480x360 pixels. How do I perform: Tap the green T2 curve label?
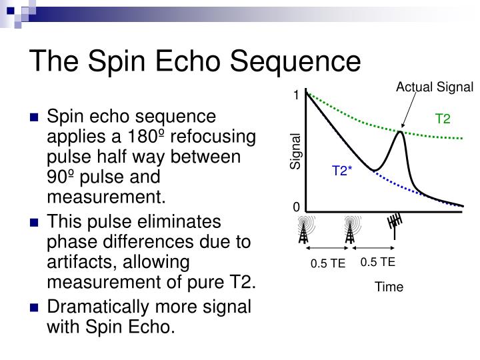(x=443, y=119)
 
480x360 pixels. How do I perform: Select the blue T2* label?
(x=342, y=171)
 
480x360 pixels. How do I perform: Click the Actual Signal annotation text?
(x=434, y=87)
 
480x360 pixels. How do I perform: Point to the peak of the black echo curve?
(x=399, y=132)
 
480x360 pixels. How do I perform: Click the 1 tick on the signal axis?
(x=296, y=95)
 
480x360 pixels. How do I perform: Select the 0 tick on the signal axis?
(x=296, y=207)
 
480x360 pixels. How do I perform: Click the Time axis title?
(x=389, y=287)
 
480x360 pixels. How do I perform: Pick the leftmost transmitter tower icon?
(x=305, y=229)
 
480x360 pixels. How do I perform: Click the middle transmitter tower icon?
(x=350, y=229)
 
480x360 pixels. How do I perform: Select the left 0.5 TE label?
(x=327, y=263)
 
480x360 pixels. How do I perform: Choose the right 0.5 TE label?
(x=378, y=262)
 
